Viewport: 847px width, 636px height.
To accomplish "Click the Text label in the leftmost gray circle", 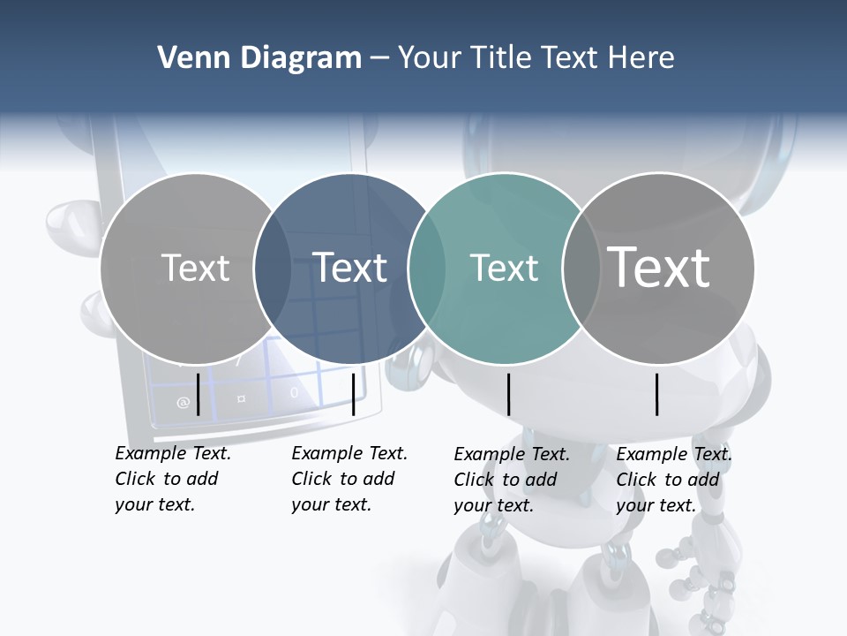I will click(195, 268).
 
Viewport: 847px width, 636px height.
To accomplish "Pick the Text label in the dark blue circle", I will click(349, 268).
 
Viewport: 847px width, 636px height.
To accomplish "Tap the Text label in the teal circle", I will click(504, 268).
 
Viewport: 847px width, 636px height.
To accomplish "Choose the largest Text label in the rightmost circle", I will click(659, 268).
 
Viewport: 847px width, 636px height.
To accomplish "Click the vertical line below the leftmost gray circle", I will click(199, 394).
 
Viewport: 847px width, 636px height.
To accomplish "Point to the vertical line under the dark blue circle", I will click(353, 394).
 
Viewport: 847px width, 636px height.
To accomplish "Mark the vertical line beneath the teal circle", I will click(509, 394).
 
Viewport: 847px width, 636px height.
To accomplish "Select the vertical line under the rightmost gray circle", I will click(657, 394).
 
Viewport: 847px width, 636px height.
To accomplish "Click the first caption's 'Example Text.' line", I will click(173, 453).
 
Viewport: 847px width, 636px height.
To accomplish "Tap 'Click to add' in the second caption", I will click(342, 479).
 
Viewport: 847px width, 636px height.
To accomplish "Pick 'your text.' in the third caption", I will click(494, 505).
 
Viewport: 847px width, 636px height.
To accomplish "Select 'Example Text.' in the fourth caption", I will click(674, 454).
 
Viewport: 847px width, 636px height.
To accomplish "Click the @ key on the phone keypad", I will click(183, 403).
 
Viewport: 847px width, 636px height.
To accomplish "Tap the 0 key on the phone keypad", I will click(294, 392).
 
